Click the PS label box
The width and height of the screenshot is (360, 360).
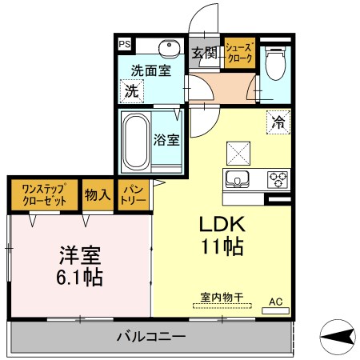point(125,45)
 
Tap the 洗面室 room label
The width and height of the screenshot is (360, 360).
point(151,70)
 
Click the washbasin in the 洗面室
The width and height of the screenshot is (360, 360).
point(167,46)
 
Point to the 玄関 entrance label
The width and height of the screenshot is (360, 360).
point(205,54)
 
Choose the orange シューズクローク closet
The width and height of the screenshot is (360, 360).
point(239,54)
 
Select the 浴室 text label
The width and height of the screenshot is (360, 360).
point(167,138)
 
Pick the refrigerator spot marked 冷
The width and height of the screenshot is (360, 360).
point(278,122)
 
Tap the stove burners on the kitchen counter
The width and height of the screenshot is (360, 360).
point(278,178)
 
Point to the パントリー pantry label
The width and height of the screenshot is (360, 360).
point(133,194)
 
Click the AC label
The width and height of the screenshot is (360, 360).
point(275,302)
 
